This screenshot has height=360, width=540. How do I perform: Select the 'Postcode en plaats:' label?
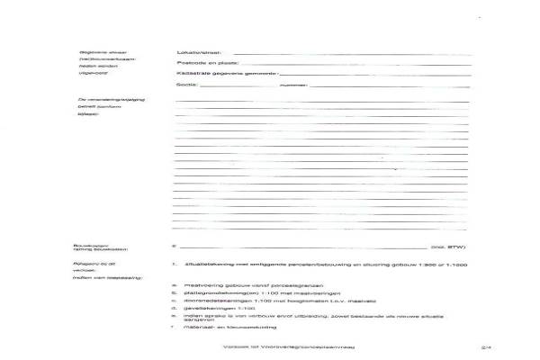[202, 63]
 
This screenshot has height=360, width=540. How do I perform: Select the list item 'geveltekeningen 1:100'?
[208, 310]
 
